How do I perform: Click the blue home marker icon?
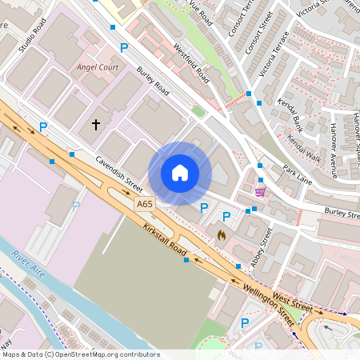point(180,173)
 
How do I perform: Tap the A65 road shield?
point(144,206)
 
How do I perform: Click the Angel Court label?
point(98,67)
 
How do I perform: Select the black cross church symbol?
point(96,125)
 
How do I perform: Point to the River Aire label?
point(30,267)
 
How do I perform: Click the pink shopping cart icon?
point(260,191)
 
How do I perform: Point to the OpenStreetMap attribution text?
point(81,354)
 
